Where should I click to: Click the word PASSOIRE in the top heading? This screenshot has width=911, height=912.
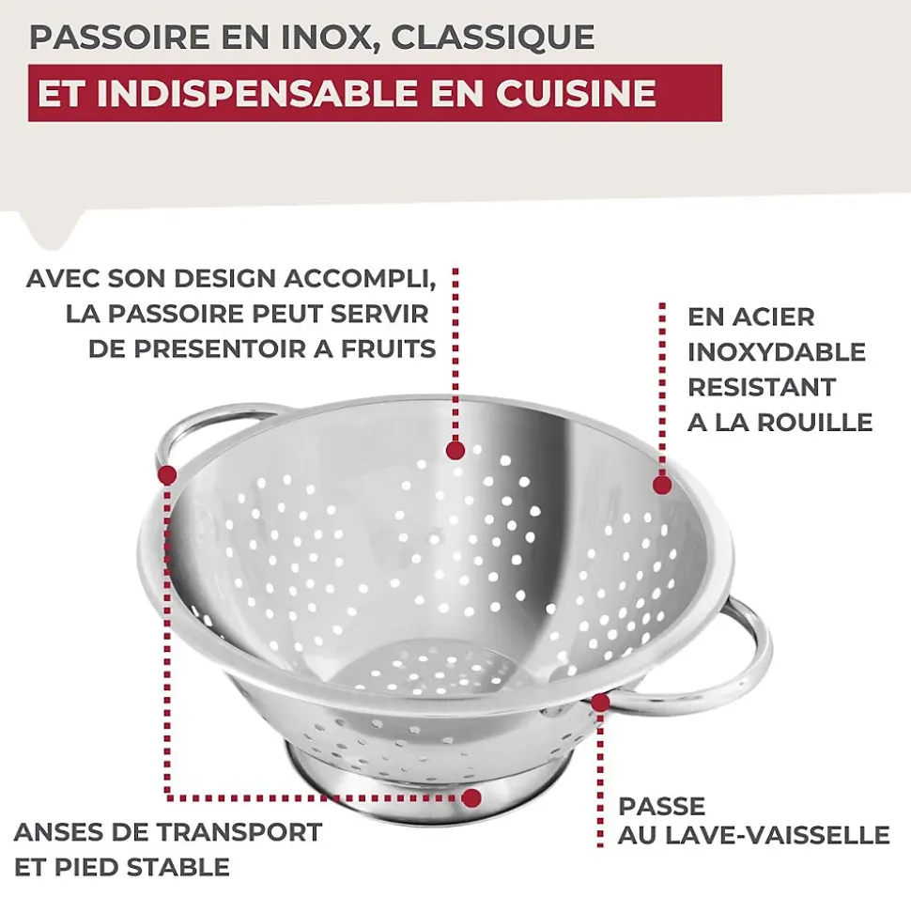pos(120,38)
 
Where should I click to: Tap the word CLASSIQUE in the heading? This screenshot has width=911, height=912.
pos(493,38)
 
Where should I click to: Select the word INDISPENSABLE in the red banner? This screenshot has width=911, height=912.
pos(257,93)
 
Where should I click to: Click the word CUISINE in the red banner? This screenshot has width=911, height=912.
pos(576,93)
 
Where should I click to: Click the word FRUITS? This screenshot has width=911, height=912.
pos(388,349)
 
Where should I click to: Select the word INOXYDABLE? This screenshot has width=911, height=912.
pos(777,352)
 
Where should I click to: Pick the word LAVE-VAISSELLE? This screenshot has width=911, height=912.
pos(777,835)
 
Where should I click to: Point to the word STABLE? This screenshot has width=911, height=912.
pos(178,867)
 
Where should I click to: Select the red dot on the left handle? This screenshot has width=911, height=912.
pos(167,475)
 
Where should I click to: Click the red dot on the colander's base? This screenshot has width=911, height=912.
pos(471,798)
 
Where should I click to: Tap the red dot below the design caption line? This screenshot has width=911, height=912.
pos(455,450)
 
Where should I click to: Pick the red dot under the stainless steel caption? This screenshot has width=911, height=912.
pos(662,485)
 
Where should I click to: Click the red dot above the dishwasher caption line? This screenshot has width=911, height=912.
pos(600,703)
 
